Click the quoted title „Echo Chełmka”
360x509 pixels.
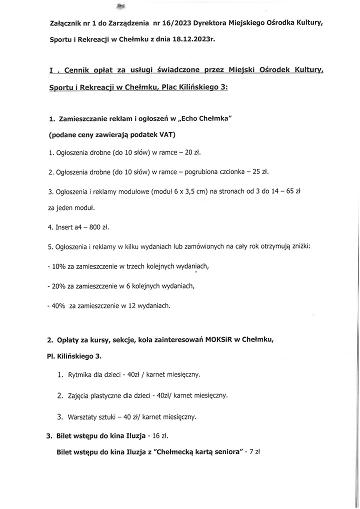(206, 119)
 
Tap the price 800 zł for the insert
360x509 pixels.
(98, 227)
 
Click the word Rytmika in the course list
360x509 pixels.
(81, 374)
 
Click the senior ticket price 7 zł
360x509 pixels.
(254, 451)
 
